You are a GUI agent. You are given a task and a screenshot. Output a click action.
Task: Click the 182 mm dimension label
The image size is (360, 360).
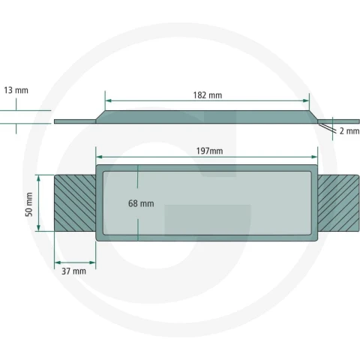208,95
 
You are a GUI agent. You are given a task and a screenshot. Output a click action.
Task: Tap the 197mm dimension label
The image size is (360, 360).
209,151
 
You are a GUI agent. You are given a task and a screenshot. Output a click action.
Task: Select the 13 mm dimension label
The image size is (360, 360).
16,90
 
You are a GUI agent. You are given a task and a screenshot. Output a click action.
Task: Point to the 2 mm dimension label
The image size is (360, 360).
349,130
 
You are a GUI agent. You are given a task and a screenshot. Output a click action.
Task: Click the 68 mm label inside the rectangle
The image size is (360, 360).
141,203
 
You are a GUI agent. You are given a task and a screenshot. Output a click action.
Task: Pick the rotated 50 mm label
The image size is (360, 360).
29,204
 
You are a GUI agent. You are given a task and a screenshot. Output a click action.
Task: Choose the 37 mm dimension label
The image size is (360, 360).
73,271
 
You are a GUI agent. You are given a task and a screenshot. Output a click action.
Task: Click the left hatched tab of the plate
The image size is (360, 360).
75,203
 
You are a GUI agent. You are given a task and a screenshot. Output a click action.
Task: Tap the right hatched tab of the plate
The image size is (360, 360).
338,203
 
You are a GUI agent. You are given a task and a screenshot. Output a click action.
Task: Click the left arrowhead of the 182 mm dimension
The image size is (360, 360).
108,100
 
